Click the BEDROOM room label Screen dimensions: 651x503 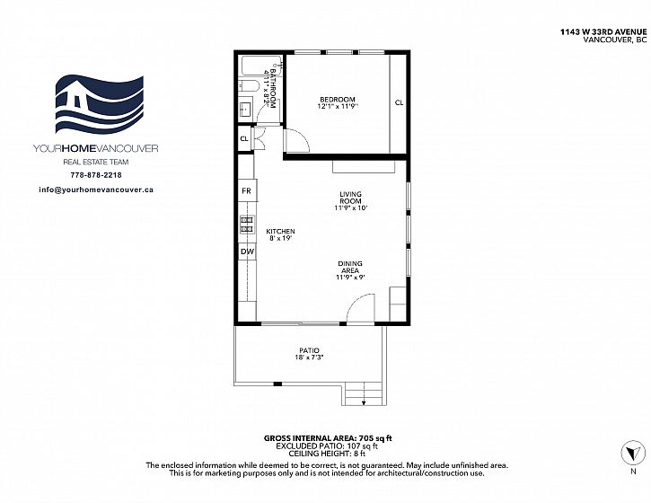coord(337,100)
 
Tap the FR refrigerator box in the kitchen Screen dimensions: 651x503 coord(248,190)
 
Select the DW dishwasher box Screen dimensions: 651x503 coord(247,251)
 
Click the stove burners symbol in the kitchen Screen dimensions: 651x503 coord(247,225)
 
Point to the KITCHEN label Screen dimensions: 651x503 coord(281,232)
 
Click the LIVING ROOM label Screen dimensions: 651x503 coord(351,198)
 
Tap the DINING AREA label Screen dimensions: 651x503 coord(350,267)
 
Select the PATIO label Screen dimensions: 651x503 coord(309,350)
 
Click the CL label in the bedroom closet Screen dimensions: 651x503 coord(399,102)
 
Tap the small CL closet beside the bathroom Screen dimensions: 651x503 coord(245,138)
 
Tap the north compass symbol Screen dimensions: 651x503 coord(633,453)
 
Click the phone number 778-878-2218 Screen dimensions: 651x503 coord(96,175)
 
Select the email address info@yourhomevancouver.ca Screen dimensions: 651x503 coord(96,190)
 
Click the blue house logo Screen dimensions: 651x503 coord(100,105)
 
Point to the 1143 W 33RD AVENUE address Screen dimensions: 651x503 coord(603,31)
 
